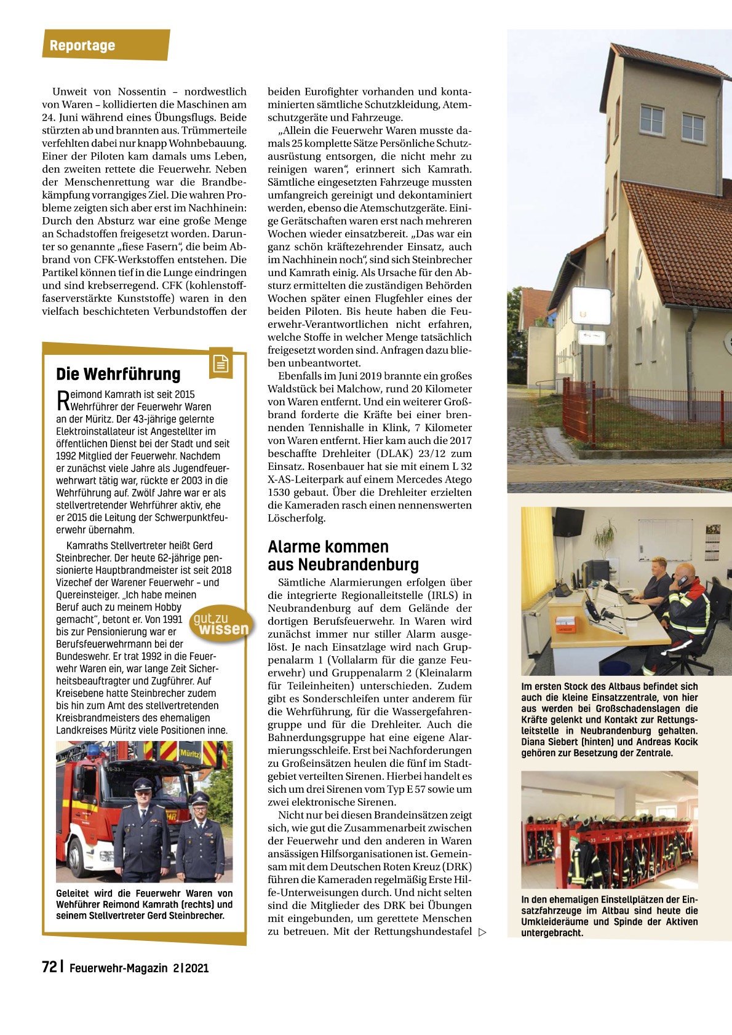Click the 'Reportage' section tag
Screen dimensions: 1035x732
pos(82,46)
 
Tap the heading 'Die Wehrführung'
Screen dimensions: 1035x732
pos(118,374)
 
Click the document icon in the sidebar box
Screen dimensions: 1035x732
pos(220,364)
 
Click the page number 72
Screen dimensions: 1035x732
pos(49,967)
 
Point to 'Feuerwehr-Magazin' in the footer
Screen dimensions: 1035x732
pos(118,968)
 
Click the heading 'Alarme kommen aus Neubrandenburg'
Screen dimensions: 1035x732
pos(343,555)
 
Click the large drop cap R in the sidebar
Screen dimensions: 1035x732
pos(63,400)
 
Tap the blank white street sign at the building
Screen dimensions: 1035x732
pos(591,306)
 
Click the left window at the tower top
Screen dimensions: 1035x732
pos(652,119)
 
